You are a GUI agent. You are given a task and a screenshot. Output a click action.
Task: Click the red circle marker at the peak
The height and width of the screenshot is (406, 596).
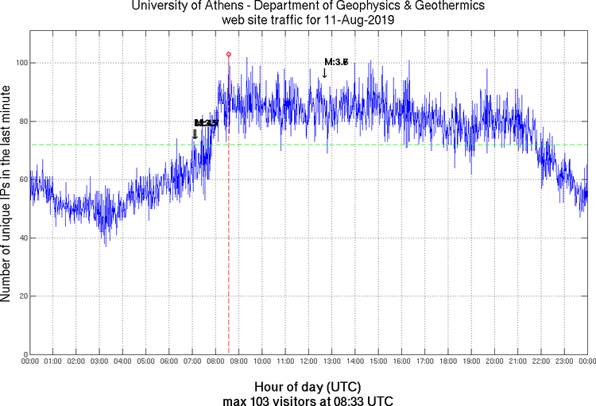coord(229,54)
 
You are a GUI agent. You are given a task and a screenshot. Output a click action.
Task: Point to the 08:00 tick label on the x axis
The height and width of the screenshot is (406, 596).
coord(215,362)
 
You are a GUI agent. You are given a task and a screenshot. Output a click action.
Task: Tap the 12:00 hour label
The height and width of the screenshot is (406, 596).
coord(308,362)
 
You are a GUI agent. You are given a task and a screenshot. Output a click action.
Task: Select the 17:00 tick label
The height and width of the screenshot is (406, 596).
coord(424,362)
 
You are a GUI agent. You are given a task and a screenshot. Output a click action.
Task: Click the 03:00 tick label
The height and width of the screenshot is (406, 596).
coord(99,362)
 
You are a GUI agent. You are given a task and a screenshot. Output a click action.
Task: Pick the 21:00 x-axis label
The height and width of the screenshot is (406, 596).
coord(517,362)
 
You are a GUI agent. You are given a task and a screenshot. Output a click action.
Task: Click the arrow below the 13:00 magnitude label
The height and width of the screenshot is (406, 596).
coord(324,73)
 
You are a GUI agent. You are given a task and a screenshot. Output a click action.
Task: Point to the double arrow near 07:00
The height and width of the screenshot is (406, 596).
coord(195,134)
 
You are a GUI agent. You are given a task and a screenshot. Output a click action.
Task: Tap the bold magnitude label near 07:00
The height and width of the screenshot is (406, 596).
coord(206,123)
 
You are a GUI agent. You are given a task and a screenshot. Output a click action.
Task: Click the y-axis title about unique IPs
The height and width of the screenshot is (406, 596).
coord(6,192)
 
